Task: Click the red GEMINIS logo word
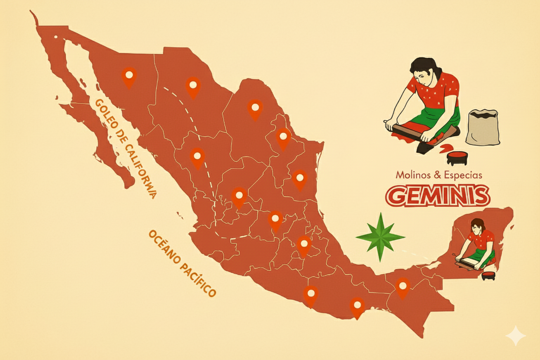click(x=437, y=196)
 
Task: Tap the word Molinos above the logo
click(x=413, y=175)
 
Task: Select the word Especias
click(x=464, y=175)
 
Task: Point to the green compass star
click(x=380, y=237)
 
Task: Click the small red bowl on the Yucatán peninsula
click(x=489, y=275)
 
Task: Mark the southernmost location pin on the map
click(x=357, y=306)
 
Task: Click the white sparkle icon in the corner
click(x=516, y=336)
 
